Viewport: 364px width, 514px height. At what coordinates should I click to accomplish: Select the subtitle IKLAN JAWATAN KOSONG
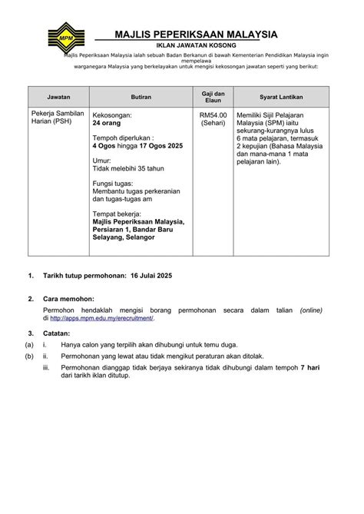[191, 47]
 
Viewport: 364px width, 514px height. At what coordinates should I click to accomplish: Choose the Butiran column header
[140, 98]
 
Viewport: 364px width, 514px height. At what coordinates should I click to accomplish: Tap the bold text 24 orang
[108, 123]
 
